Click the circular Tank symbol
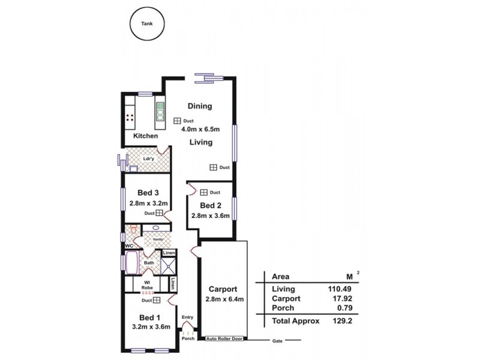click(x=146, y=25)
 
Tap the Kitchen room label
click(x=145, y=136)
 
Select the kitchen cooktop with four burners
click(x=130, y=118)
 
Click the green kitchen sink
click(x=161, y=112)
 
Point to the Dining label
click(x=200, y=106)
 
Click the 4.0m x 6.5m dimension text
click(x=200, y=129)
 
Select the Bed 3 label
click(x=148, y=193)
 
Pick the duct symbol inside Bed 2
click(x=204, y=193)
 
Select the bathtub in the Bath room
click(x=131, y=262)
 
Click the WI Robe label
click(x=146, y=285)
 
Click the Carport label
click(x=223, y=287)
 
